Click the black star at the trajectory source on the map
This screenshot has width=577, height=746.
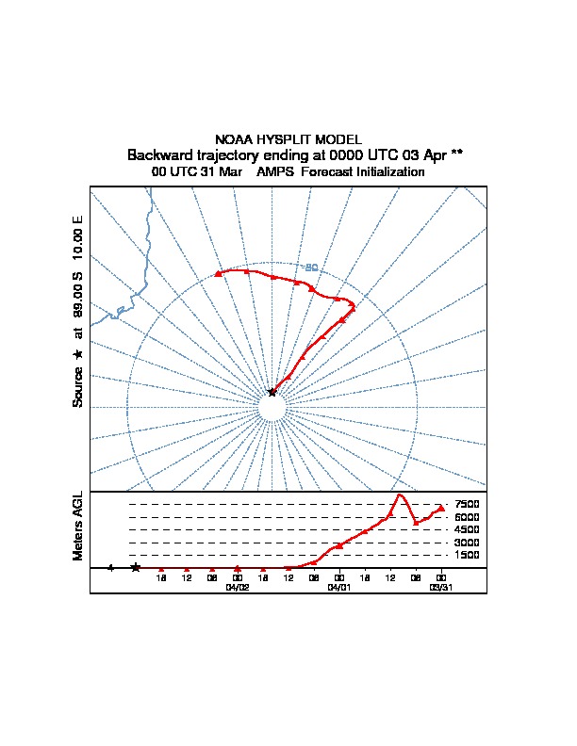[272, 392]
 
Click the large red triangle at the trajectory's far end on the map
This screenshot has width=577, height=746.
[218, 273]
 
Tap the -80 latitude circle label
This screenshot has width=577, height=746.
[311, 268]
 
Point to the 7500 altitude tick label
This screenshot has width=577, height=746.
[467, 504]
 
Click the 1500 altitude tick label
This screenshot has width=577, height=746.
[467, 556]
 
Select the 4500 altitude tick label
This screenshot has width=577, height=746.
[467, 529]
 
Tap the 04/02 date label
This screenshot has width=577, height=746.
[237, 586]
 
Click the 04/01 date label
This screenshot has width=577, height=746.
[338, 586]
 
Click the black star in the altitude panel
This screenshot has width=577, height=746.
[136, 568]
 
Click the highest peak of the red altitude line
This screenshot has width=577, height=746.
[400, 495]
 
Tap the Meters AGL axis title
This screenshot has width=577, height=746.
[78, 527]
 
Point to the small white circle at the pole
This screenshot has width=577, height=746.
[272, 408]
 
